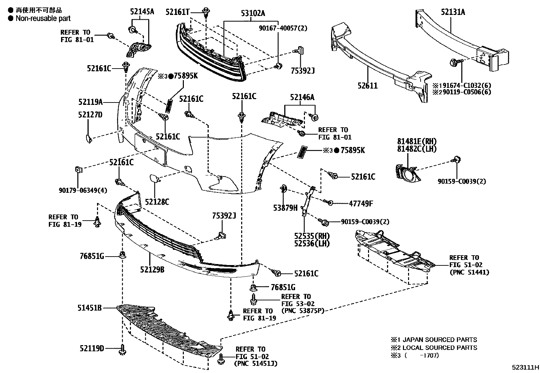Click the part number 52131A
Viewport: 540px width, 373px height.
click(x=453, y=13)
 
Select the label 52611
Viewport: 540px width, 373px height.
click(x=367, y=86)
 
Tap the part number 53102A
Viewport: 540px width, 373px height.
click(x=253, y=13)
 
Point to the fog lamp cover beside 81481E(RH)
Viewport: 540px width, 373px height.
click(x=408, y=173)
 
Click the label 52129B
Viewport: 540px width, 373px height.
click(x=152, y=269)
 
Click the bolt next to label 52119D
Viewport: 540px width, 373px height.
click(x=122, y=350)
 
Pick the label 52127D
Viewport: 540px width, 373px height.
click(x=90, y=115)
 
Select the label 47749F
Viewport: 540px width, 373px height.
click(x=361, y=204)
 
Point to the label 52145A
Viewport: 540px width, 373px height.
click(x=142, y=12)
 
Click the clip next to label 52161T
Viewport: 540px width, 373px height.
click(x=206, y=13)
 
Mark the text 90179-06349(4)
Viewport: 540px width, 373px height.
click(x=83, y=190)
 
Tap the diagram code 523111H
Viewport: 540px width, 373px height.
click(x=525, y=367)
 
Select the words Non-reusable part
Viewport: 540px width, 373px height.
click(x=43, y=19)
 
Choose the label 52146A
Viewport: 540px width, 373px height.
click(x=302, y=98)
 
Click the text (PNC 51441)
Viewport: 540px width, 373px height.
click(x=469, y=272)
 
